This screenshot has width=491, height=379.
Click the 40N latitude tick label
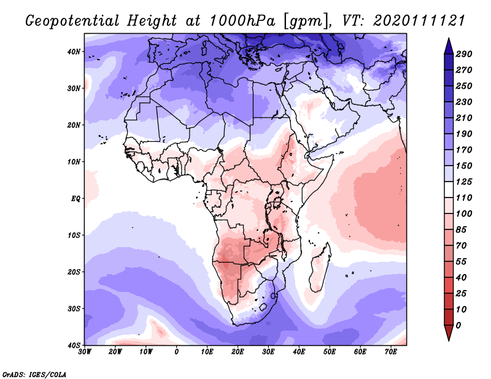click(x=74, y=52)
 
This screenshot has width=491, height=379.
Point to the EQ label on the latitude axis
click(x=75, y=199)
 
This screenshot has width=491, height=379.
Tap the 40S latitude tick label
click(x=74, y=345)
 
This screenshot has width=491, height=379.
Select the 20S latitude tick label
click(x=74, y=272)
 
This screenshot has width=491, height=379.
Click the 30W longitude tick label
click(x=85, y=352)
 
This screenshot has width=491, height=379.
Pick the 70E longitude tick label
click(x=390, y=352)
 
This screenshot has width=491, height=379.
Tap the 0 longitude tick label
click(x=177, y=352)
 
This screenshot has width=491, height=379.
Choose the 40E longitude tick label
click(x=299, y=352)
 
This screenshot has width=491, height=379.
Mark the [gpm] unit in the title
click(x=300, y=20)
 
